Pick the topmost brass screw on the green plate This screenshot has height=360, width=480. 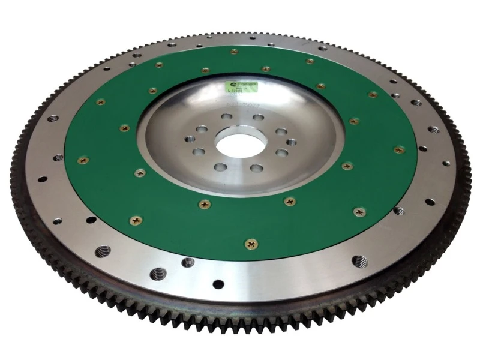click(234, 52)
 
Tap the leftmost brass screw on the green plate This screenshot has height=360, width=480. click(83, 160)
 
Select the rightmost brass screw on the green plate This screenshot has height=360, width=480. click(398, 149)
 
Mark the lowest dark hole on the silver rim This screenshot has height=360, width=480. click(218, 283)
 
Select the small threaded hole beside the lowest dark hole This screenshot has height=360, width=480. click(188, 262)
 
